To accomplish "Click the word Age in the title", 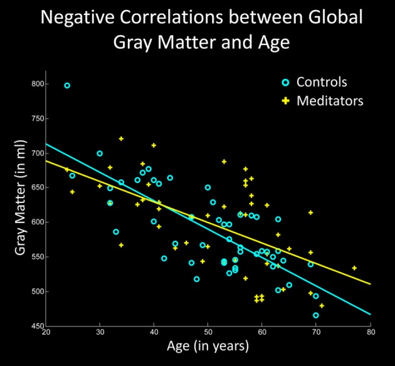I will pos(269,43).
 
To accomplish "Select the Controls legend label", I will pos(322,82).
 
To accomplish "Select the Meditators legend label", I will pos(330,100).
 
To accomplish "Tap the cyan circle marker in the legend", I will pos(285,82).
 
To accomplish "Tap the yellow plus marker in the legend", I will pos(285,100).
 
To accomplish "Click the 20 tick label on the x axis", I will pos(45,332).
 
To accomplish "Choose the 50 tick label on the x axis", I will pos(208,332).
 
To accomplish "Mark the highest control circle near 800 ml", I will pos(67,85).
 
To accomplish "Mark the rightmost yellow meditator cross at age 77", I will pos(354,268).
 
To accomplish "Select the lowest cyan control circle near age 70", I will pos(316,315).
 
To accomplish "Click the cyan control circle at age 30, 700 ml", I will pos(100,153).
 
